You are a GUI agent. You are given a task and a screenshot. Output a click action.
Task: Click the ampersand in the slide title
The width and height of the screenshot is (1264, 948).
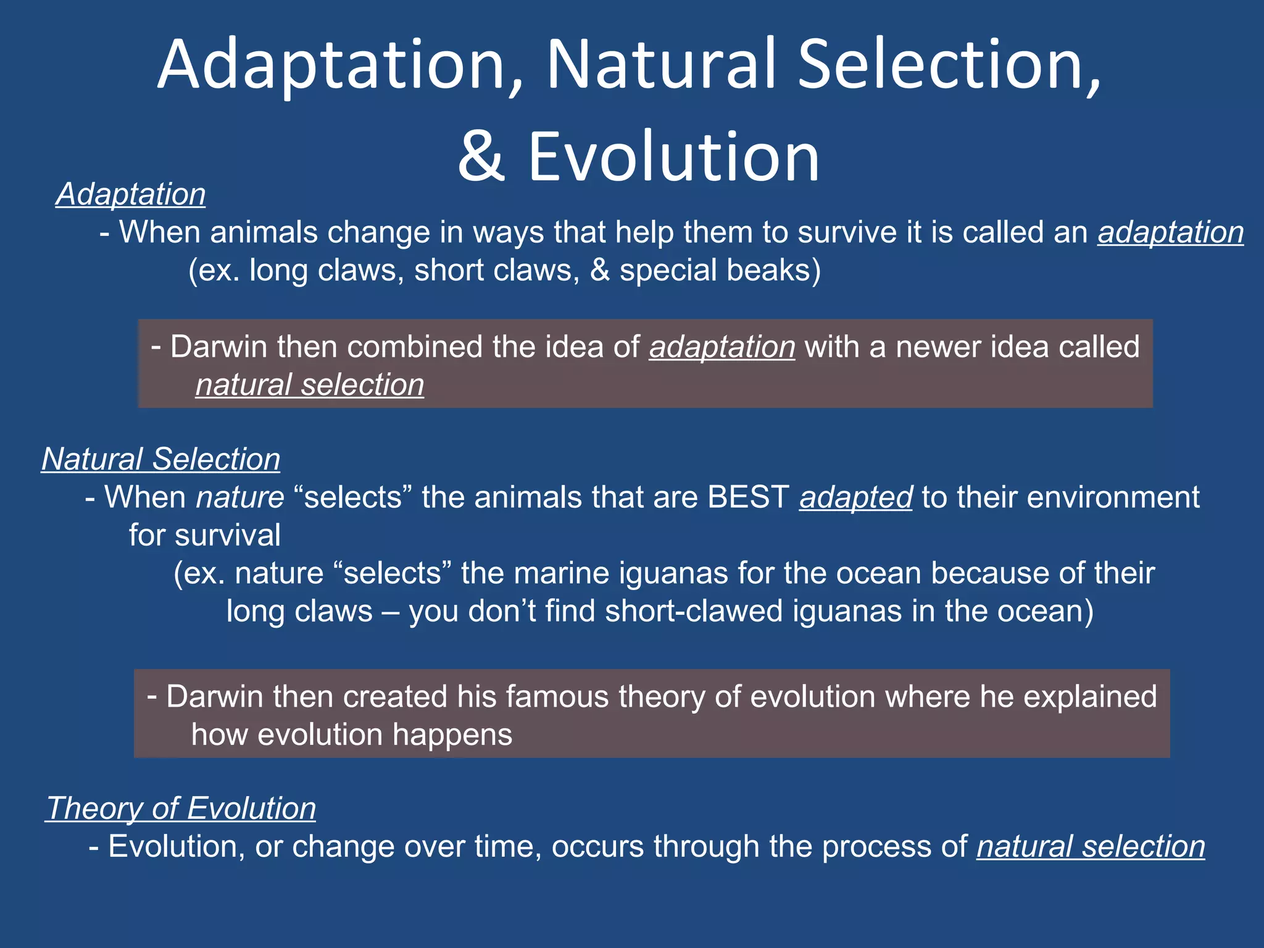(481, 157)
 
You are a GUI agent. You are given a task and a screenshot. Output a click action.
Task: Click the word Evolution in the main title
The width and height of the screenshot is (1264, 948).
(673, 157)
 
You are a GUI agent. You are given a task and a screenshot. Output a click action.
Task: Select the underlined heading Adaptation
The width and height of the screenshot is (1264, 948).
(131, 194)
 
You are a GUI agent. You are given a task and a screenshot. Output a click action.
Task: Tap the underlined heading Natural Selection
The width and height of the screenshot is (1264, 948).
(160, 459)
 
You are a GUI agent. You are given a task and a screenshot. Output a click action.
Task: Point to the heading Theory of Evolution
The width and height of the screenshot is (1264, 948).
(181, 808)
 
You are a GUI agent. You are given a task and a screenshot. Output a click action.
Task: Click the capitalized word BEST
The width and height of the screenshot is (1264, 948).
(748, 497)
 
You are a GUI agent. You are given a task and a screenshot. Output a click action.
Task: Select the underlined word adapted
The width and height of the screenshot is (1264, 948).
(855, 497)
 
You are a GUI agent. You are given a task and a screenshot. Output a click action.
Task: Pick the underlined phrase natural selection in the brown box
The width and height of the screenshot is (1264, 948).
(310, 385)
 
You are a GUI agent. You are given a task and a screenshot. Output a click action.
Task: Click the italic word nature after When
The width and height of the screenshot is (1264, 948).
(240, 497)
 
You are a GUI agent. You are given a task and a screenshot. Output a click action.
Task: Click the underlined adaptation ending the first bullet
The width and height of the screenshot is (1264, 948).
(1170, 233)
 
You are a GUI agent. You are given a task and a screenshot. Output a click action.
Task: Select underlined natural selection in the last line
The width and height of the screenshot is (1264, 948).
(1090, 846)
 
